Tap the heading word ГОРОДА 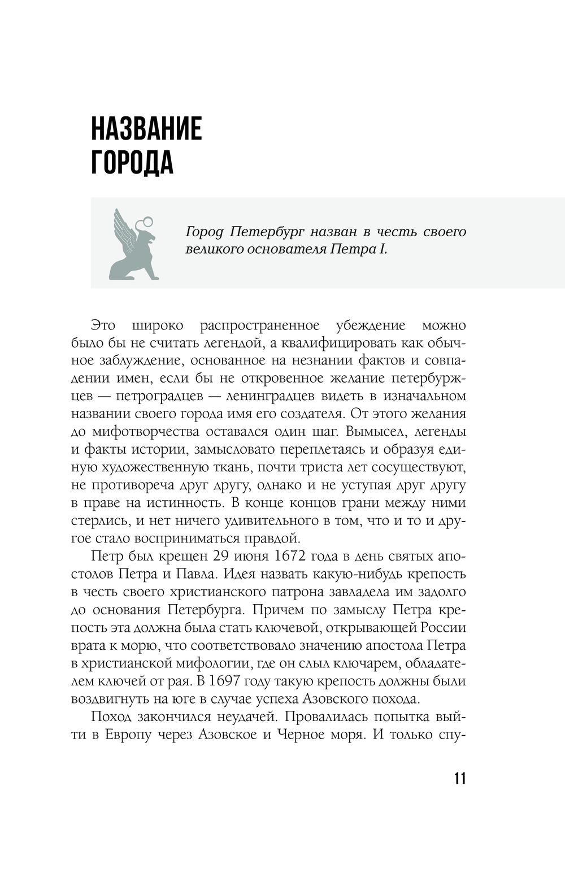pos(132,163)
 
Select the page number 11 pos(460,778)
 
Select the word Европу pos(128,735)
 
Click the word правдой pos(270,537)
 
